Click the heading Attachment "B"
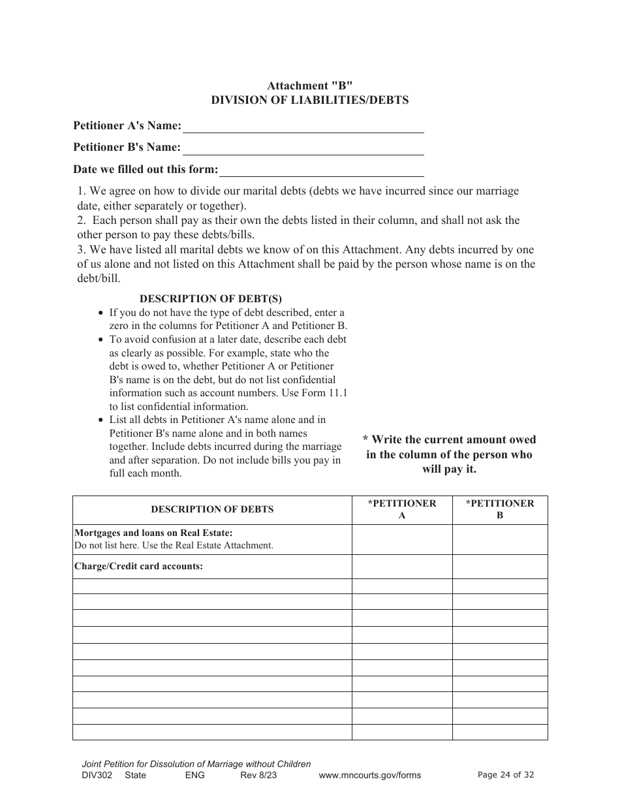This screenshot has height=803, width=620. coord(309,86)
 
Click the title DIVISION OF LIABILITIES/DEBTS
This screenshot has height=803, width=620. coord(309,100)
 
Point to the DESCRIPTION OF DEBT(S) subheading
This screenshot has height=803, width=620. coord(211,298)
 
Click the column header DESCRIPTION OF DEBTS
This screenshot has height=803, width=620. coord(212,509)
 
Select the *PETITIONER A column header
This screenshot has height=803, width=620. coord(402,509)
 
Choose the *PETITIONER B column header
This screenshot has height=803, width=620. coord(500,509)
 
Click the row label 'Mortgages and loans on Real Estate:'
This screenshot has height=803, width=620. coord(153,533)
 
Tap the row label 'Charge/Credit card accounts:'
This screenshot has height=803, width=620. coord(138,566)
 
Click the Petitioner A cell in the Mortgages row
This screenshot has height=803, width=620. coord(402,539)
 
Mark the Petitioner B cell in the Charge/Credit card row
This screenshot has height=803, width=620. coord(500,566)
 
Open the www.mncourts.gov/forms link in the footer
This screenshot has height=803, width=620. coord(369,776)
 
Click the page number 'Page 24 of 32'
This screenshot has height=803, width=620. coord(506,775)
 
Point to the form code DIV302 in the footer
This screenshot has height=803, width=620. coord(97,776)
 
